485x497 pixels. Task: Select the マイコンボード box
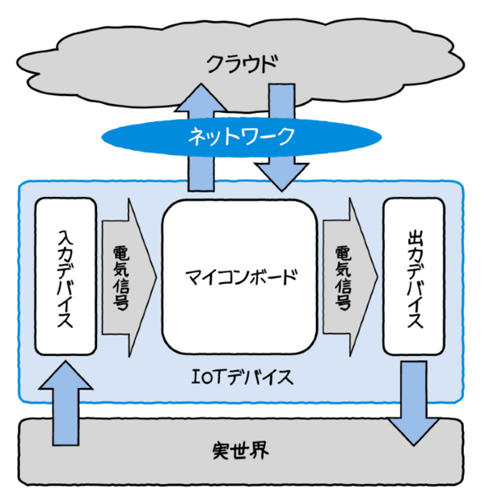click(x=238, y=279)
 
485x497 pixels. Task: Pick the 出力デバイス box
click(x=413, y=278)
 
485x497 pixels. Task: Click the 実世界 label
click(x=243, y=449)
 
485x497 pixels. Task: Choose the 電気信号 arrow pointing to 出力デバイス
click(x=348, y=278)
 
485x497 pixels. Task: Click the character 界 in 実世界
click(x=265, y=449)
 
